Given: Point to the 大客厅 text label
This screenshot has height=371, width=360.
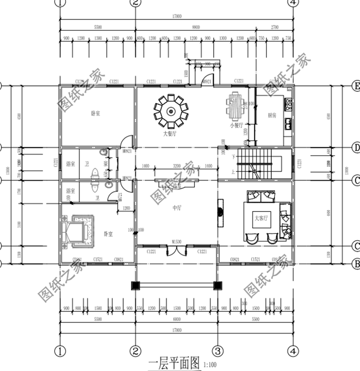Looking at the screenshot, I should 261,218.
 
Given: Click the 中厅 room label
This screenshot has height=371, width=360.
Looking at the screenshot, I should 177,208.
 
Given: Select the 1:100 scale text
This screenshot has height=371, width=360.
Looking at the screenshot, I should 210,364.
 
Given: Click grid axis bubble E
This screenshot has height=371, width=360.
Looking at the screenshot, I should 356,87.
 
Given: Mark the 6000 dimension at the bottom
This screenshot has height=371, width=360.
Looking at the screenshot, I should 177,319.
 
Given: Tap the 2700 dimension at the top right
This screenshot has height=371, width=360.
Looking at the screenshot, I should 275,28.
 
